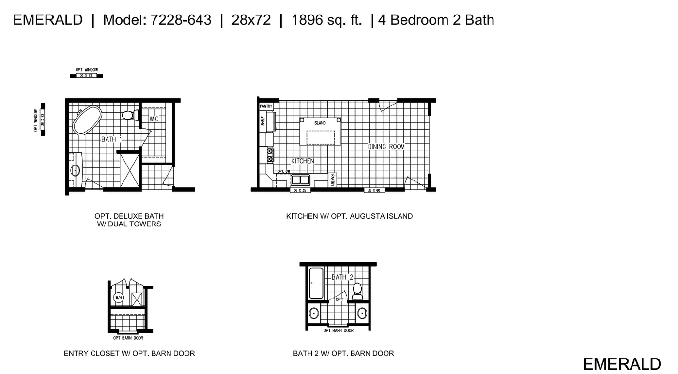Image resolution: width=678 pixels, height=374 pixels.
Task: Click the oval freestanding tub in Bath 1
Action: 88,120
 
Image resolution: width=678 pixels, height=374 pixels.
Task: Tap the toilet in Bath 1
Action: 128,115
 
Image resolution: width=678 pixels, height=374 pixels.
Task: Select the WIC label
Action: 154,119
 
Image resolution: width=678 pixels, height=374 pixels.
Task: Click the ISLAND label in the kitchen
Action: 320,123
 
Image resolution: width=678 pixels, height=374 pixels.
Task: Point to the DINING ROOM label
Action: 386,146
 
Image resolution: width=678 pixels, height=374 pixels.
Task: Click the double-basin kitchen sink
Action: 301,180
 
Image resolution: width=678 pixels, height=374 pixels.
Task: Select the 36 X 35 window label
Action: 300,190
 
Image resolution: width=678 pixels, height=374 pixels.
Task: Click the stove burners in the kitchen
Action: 270,155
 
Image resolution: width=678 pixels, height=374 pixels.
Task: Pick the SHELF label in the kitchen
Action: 263,121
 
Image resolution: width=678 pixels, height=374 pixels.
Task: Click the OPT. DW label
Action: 284,171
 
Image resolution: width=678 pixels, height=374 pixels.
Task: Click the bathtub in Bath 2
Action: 316,283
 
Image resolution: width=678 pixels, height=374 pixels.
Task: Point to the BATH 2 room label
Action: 343,277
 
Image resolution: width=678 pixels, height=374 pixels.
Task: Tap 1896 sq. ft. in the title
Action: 326,20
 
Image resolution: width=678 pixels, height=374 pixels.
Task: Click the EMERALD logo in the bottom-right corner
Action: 622,364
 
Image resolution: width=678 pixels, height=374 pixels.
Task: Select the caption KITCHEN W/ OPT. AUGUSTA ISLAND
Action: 349,216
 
